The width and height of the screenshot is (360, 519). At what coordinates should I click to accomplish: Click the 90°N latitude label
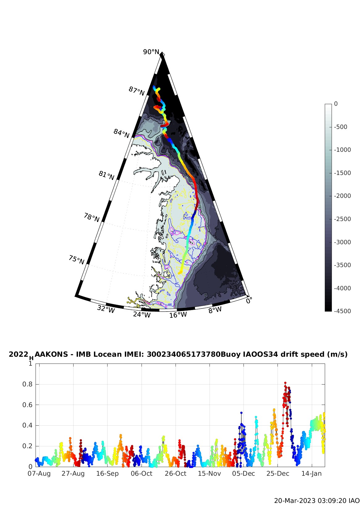(151, 52)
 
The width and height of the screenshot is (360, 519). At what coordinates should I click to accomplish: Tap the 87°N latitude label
(137, 91)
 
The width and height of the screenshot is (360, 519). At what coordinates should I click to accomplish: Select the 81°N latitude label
(107, 175)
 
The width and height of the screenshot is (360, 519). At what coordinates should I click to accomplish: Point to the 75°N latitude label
(76, 260)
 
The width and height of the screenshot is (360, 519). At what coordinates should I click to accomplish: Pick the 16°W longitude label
(178, 315)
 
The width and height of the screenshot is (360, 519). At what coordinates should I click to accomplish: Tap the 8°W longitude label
(215, 310)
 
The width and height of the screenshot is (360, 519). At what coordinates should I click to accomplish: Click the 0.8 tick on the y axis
(27, 384)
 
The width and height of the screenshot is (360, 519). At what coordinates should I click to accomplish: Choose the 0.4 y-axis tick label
(27, 425)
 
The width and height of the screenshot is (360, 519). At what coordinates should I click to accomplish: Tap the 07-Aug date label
(39, 474)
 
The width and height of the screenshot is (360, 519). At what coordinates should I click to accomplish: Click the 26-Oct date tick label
(176, 474)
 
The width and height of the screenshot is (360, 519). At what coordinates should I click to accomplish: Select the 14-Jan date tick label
(311, 474)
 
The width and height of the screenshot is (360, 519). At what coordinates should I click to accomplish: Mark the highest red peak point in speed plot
(285, 383)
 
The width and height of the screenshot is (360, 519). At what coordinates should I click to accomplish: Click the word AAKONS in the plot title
(52, 354)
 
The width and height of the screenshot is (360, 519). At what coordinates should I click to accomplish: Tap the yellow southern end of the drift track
(180, 273)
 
